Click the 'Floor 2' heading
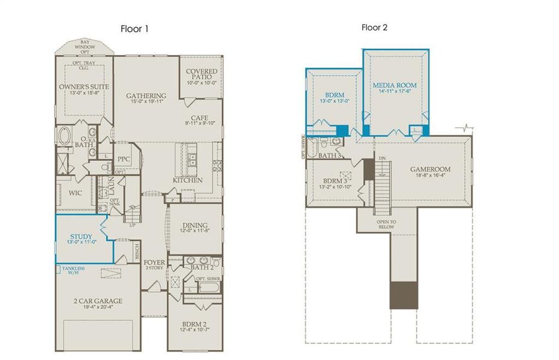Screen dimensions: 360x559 (x=375, y=28)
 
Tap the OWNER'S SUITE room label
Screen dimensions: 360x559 (x=84, y=87)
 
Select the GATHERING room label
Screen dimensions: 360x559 (x=146, y=96)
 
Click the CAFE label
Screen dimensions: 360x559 (x=199, y=118)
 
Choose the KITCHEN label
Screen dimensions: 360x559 (x=187, y=180)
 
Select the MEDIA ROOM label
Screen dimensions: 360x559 (x=394, y=86)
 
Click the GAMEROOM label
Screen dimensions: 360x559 (x=430, y=169)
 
